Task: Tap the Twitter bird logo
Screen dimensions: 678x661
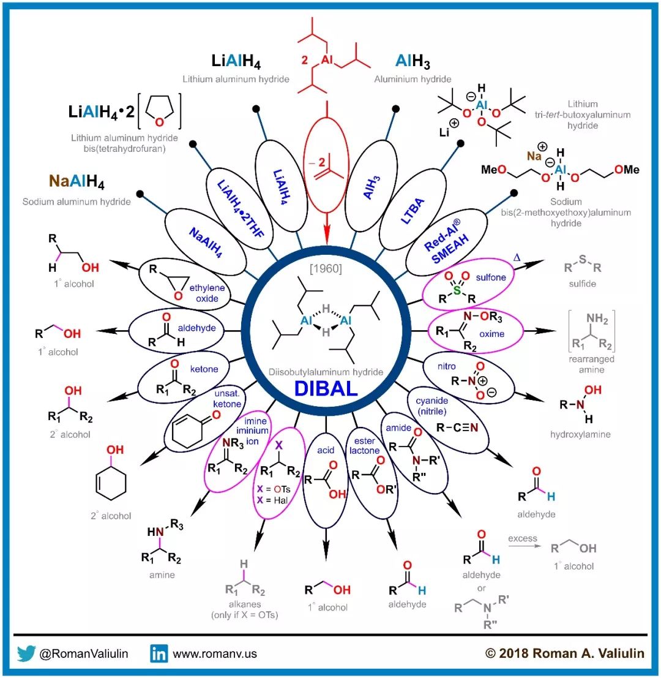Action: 26,653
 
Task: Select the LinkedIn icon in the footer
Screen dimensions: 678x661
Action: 159,653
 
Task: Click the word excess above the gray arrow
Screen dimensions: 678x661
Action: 522,538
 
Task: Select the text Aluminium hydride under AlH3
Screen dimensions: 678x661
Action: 413,79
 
